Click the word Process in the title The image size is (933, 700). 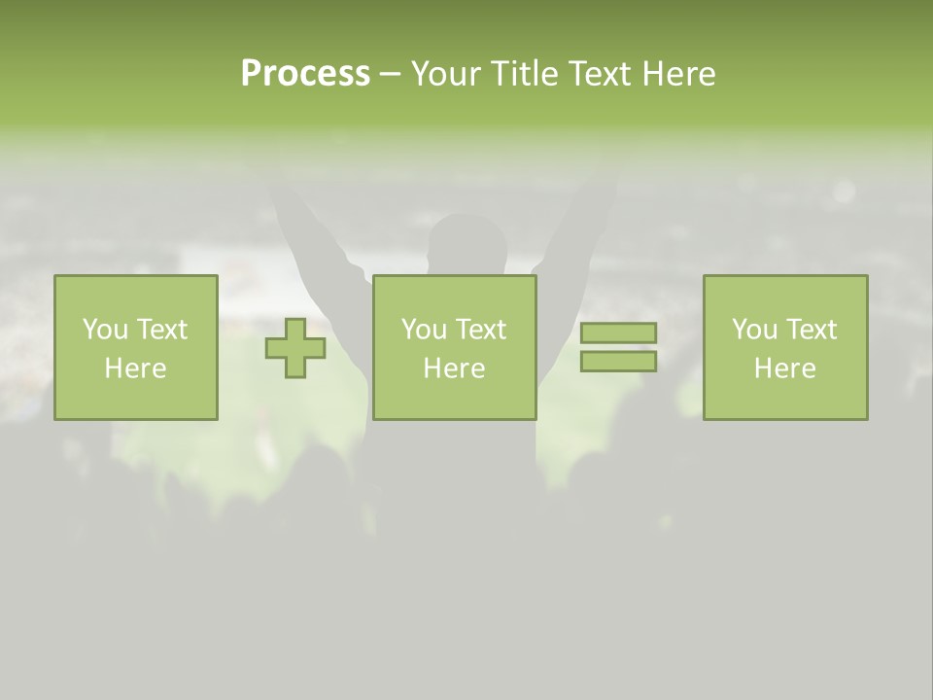pyautogui.click(x=305, y=74)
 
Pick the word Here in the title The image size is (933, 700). pyautogui.click(x=680, y=74)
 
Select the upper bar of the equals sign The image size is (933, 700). pyautogui.click(x=618, y=333)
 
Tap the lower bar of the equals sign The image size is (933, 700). pyautogui.click(x=618, y=361)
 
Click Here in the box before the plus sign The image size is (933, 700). pyautogui.click(x=135, y=368)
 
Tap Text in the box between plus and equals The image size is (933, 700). pyautogui.click(x=481, y=330)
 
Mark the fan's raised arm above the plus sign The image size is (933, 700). pyautogui.click(x=311, y=243)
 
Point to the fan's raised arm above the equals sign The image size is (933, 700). pyautogui.click(x=579, y=233)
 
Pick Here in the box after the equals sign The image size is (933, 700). pyautogui.click(x=785, y=368)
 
